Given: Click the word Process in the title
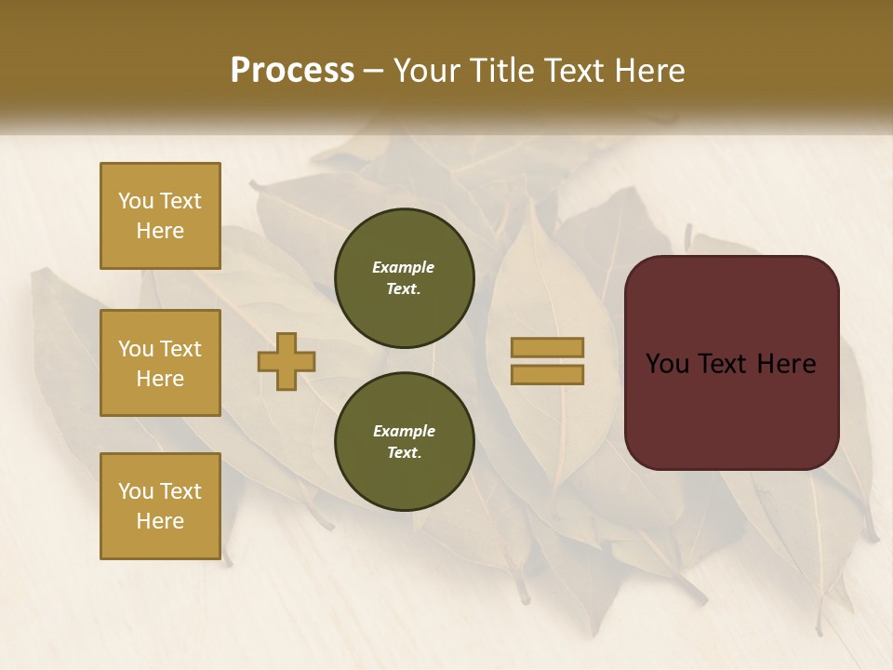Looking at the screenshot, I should coord(292,70).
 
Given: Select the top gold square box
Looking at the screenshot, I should coord(160,216).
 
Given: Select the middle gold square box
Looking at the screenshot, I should coord(160,363).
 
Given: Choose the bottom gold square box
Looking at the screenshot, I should coord(160,506).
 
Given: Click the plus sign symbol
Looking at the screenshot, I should coord(287,361).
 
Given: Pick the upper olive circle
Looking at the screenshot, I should coord(405,278).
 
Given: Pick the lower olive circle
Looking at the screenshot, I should coord(405,442).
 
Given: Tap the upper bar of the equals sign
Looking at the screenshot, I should coord(547,347).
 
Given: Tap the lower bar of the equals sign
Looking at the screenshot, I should coord(547,374).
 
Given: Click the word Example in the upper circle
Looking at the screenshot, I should coord(404,267).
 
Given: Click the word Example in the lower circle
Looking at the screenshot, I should coord(404,431).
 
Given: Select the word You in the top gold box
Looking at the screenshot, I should coord(136,201).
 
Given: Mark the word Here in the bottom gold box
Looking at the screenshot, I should coord(160,521).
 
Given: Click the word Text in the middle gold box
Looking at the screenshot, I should coord(180,349).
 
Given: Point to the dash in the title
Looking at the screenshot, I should coord(374,71).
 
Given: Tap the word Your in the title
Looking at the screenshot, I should coord(425,70).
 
